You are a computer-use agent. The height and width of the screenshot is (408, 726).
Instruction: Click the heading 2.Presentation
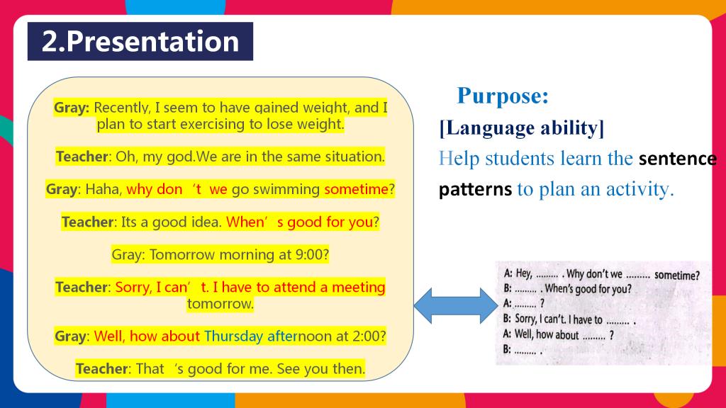(x=140, y=41)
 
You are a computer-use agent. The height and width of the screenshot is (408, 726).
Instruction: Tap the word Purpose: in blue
(x=503, y=96)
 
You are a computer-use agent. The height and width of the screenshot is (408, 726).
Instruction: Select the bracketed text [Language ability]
(x=522, y=128)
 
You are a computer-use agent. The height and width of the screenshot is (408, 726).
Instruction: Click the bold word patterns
(x=475, y=189)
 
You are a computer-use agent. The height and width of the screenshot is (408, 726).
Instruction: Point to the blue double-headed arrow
(x=456, y=306)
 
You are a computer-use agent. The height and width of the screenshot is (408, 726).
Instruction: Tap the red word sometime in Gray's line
(x=356, y=189)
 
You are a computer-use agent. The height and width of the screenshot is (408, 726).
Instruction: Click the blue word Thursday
(x=233, y=336)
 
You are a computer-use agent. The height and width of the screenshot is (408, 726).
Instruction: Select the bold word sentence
(x=677, y=159)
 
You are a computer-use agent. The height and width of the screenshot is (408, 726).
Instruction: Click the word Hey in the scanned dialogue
(x=523, y=273)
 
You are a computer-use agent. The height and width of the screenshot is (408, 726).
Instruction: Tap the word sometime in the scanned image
(x=676, y=276)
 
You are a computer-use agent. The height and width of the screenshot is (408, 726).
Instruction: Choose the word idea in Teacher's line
(x=208, y=222)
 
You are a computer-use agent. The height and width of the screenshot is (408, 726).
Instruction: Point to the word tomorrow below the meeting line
(x=220, y=304)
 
